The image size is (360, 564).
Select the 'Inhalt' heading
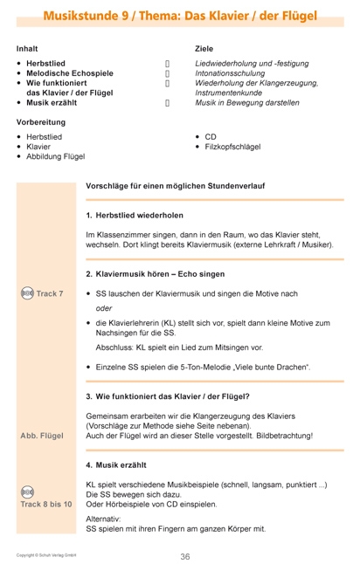pos(27,49)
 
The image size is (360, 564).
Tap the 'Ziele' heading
pos(204,49)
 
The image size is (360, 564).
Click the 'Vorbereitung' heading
pos(40,122)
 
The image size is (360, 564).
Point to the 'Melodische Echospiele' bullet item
pos(69,74)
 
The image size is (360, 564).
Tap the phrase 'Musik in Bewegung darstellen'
pos(247,102)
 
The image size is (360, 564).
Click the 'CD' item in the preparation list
pos(211,137)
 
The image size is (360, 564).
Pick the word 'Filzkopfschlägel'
pos(232,147)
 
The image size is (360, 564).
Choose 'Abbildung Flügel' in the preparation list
pos(56,156)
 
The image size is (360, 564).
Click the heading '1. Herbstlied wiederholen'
pos(135,216)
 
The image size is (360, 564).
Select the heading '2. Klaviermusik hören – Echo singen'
pos(156,274)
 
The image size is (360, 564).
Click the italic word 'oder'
pos(104,308)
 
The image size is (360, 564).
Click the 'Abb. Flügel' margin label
pos(42,436)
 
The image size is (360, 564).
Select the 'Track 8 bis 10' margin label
pos(46,505)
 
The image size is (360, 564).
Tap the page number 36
pos(184,556)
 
